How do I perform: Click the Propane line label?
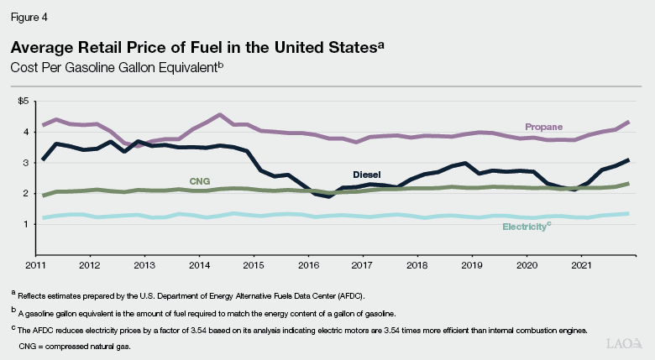click(543, 127)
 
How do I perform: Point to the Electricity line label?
click(527, 227)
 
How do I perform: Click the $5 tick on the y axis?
click(23, 101)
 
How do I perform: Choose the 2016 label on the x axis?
click(309, 264)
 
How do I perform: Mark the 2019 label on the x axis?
click(473, 264)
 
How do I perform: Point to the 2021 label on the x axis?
click(582, 264)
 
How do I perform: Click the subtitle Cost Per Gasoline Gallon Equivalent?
click(114, 65)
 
